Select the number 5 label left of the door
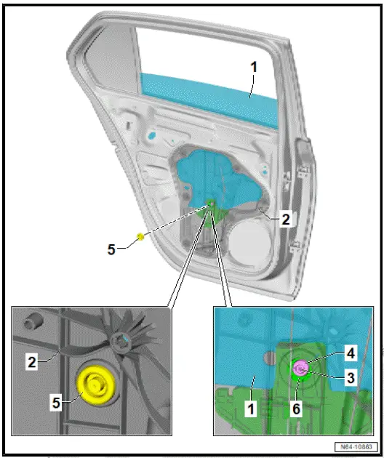[x=111, y=249]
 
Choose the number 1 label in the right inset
[x=251, y=409]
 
